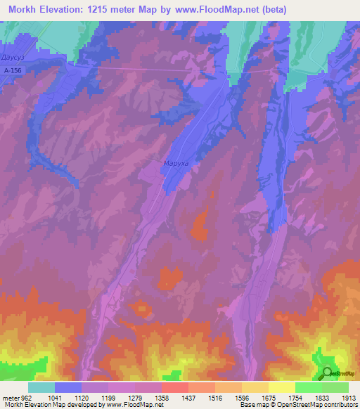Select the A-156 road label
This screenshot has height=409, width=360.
(13, 70)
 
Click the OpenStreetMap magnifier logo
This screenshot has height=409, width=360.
(327, 374)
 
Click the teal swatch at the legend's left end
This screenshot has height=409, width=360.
(41, 387)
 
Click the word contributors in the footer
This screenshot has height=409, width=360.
(340, 405)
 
